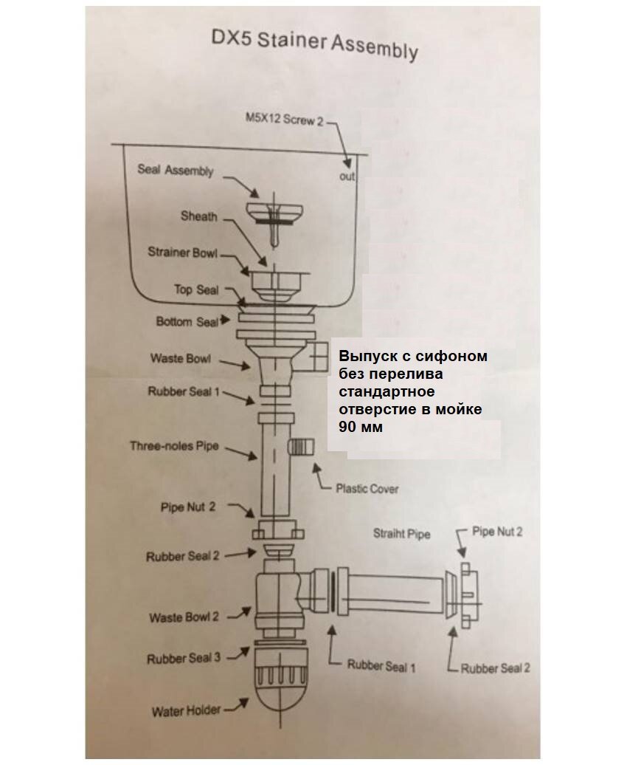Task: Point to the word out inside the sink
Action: pyautogui.click(x=347, y=176)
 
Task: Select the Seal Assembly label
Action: pyautogui.click(x=175, y=171)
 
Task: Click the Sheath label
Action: pyautogui.click(x=198, y=216)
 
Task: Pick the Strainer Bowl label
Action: pyautogui.click(x=182, y=253)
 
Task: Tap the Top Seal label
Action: pyautogui.click(x=196, y=289)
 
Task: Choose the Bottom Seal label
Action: pyautogui.click(x=187, y=322)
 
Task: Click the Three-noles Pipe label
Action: pyautogui.click(x=174, y=446)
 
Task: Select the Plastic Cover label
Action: pyautogui.click(x=367, y=488)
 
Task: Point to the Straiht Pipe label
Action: pyautogui.click(x=401, y=533)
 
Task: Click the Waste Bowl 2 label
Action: pyautogui.click(x=184, y=617)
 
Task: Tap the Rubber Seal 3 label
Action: pyautogui.click(x=183, y=658)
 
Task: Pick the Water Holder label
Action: pyautogui.click(x=186, y=712)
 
